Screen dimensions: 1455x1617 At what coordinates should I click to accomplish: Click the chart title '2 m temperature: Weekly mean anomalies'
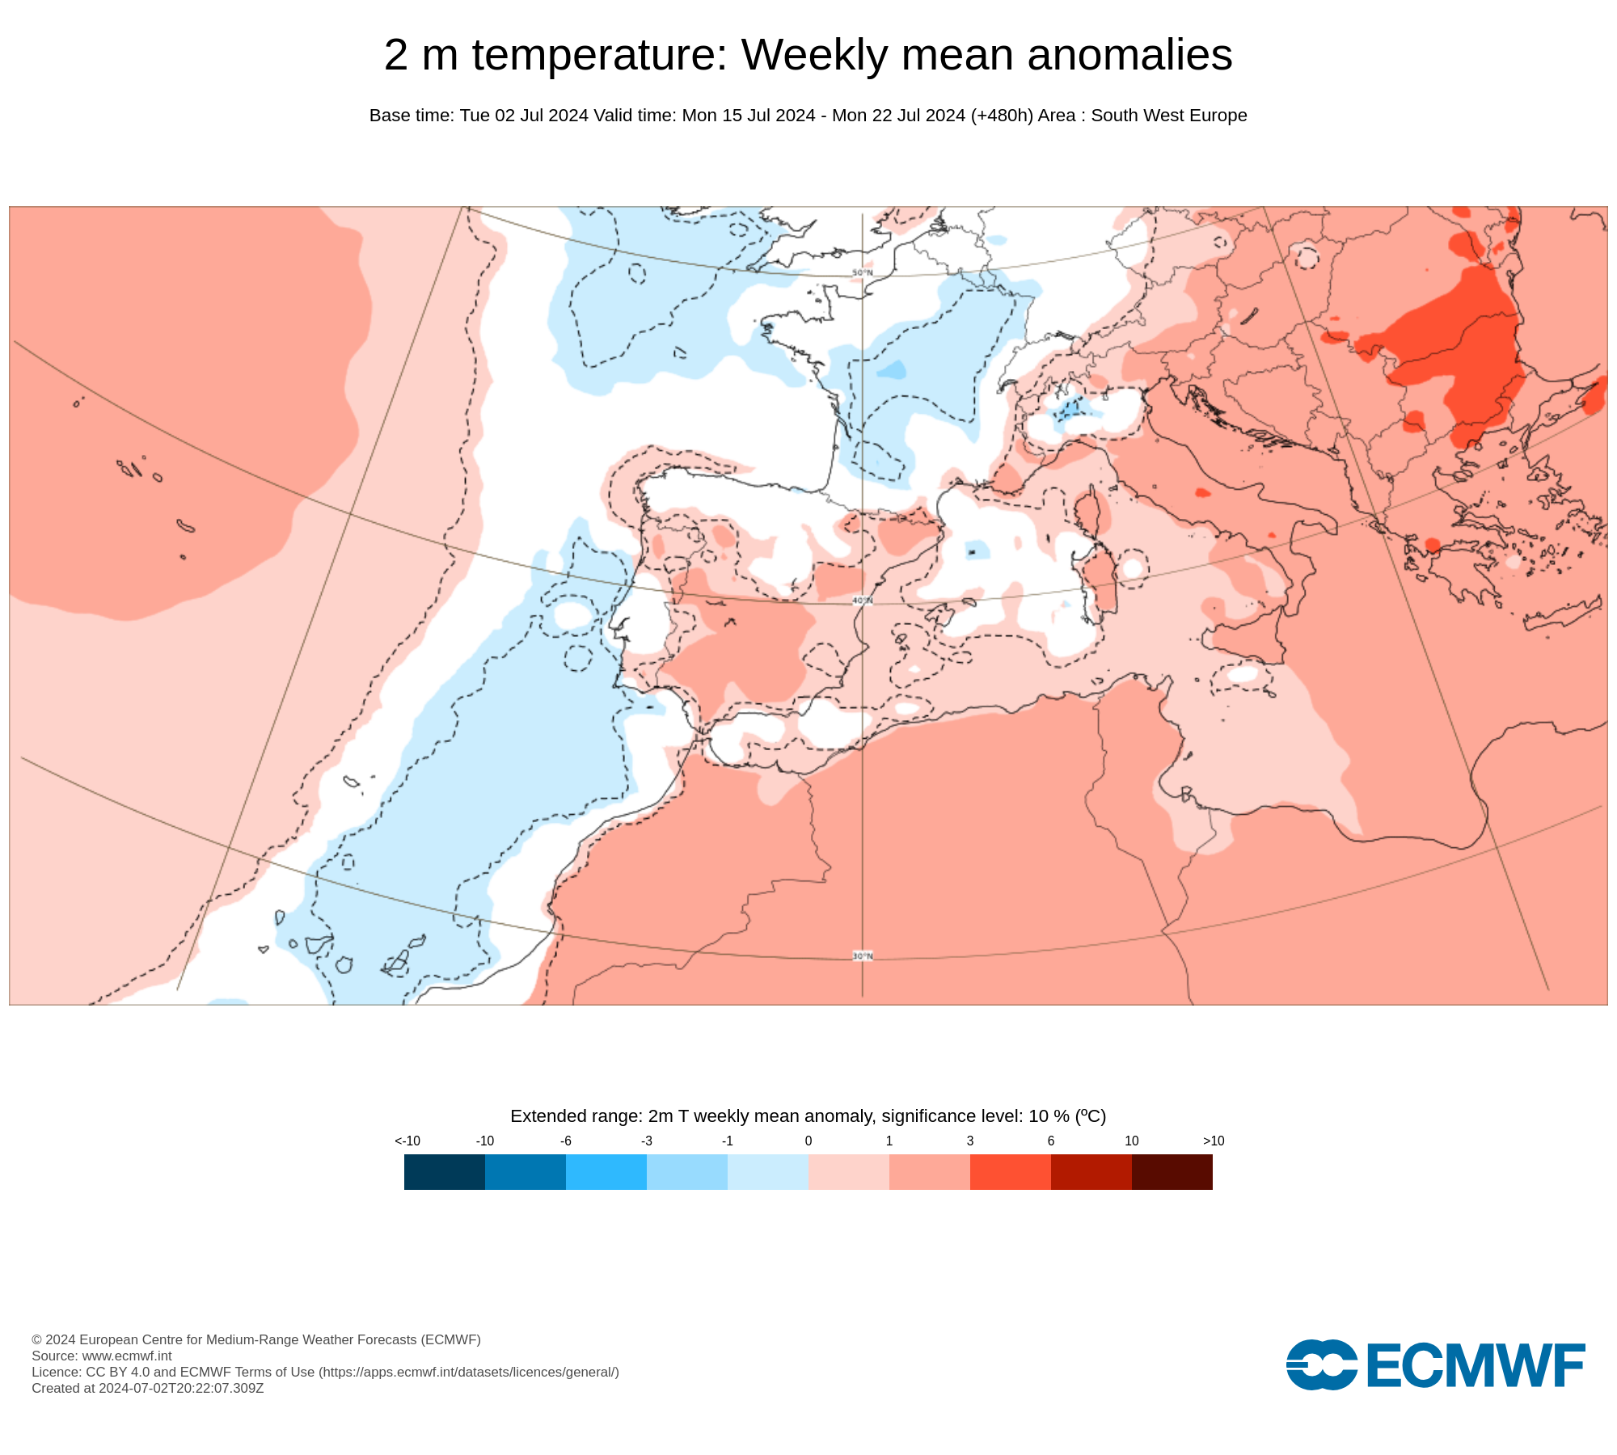click(808, 55)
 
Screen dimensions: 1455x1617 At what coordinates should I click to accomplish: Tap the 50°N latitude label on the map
click(862, 272)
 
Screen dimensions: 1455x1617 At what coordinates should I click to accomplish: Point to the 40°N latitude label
click(862, 601)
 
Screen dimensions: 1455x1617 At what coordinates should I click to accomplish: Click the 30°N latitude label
click(862, 956)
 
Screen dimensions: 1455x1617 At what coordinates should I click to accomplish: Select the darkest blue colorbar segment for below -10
click(445, 1171)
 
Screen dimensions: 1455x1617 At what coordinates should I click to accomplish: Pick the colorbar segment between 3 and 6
click(1011, 1171)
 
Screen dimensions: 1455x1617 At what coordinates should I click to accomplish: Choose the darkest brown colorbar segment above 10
click(1172, 1171)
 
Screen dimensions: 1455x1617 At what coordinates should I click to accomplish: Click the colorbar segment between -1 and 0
click(768, 1171)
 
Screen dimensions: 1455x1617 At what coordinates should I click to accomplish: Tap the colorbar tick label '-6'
click(566, 1141)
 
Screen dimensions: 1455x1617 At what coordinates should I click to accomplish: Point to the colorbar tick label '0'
click(808, 1141)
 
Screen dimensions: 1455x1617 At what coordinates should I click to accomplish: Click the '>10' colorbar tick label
click(1214, 1141)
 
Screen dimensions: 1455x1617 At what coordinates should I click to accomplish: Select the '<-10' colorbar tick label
click(407, 1141)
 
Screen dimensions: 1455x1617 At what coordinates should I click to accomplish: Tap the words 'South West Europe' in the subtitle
click(1168, 116)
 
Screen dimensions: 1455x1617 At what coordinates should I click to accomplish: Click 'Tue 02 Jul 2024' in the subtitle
click(524, 116)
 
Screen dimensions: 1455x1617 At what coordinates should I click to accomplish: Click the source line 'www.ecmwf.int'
click(127, 1356)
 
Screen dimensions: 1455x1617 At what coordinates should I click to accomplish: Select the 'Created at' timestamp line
click(148, 1388)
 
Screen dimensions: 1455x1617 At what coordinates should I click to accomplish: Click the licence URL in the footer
click(469, 1372)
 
